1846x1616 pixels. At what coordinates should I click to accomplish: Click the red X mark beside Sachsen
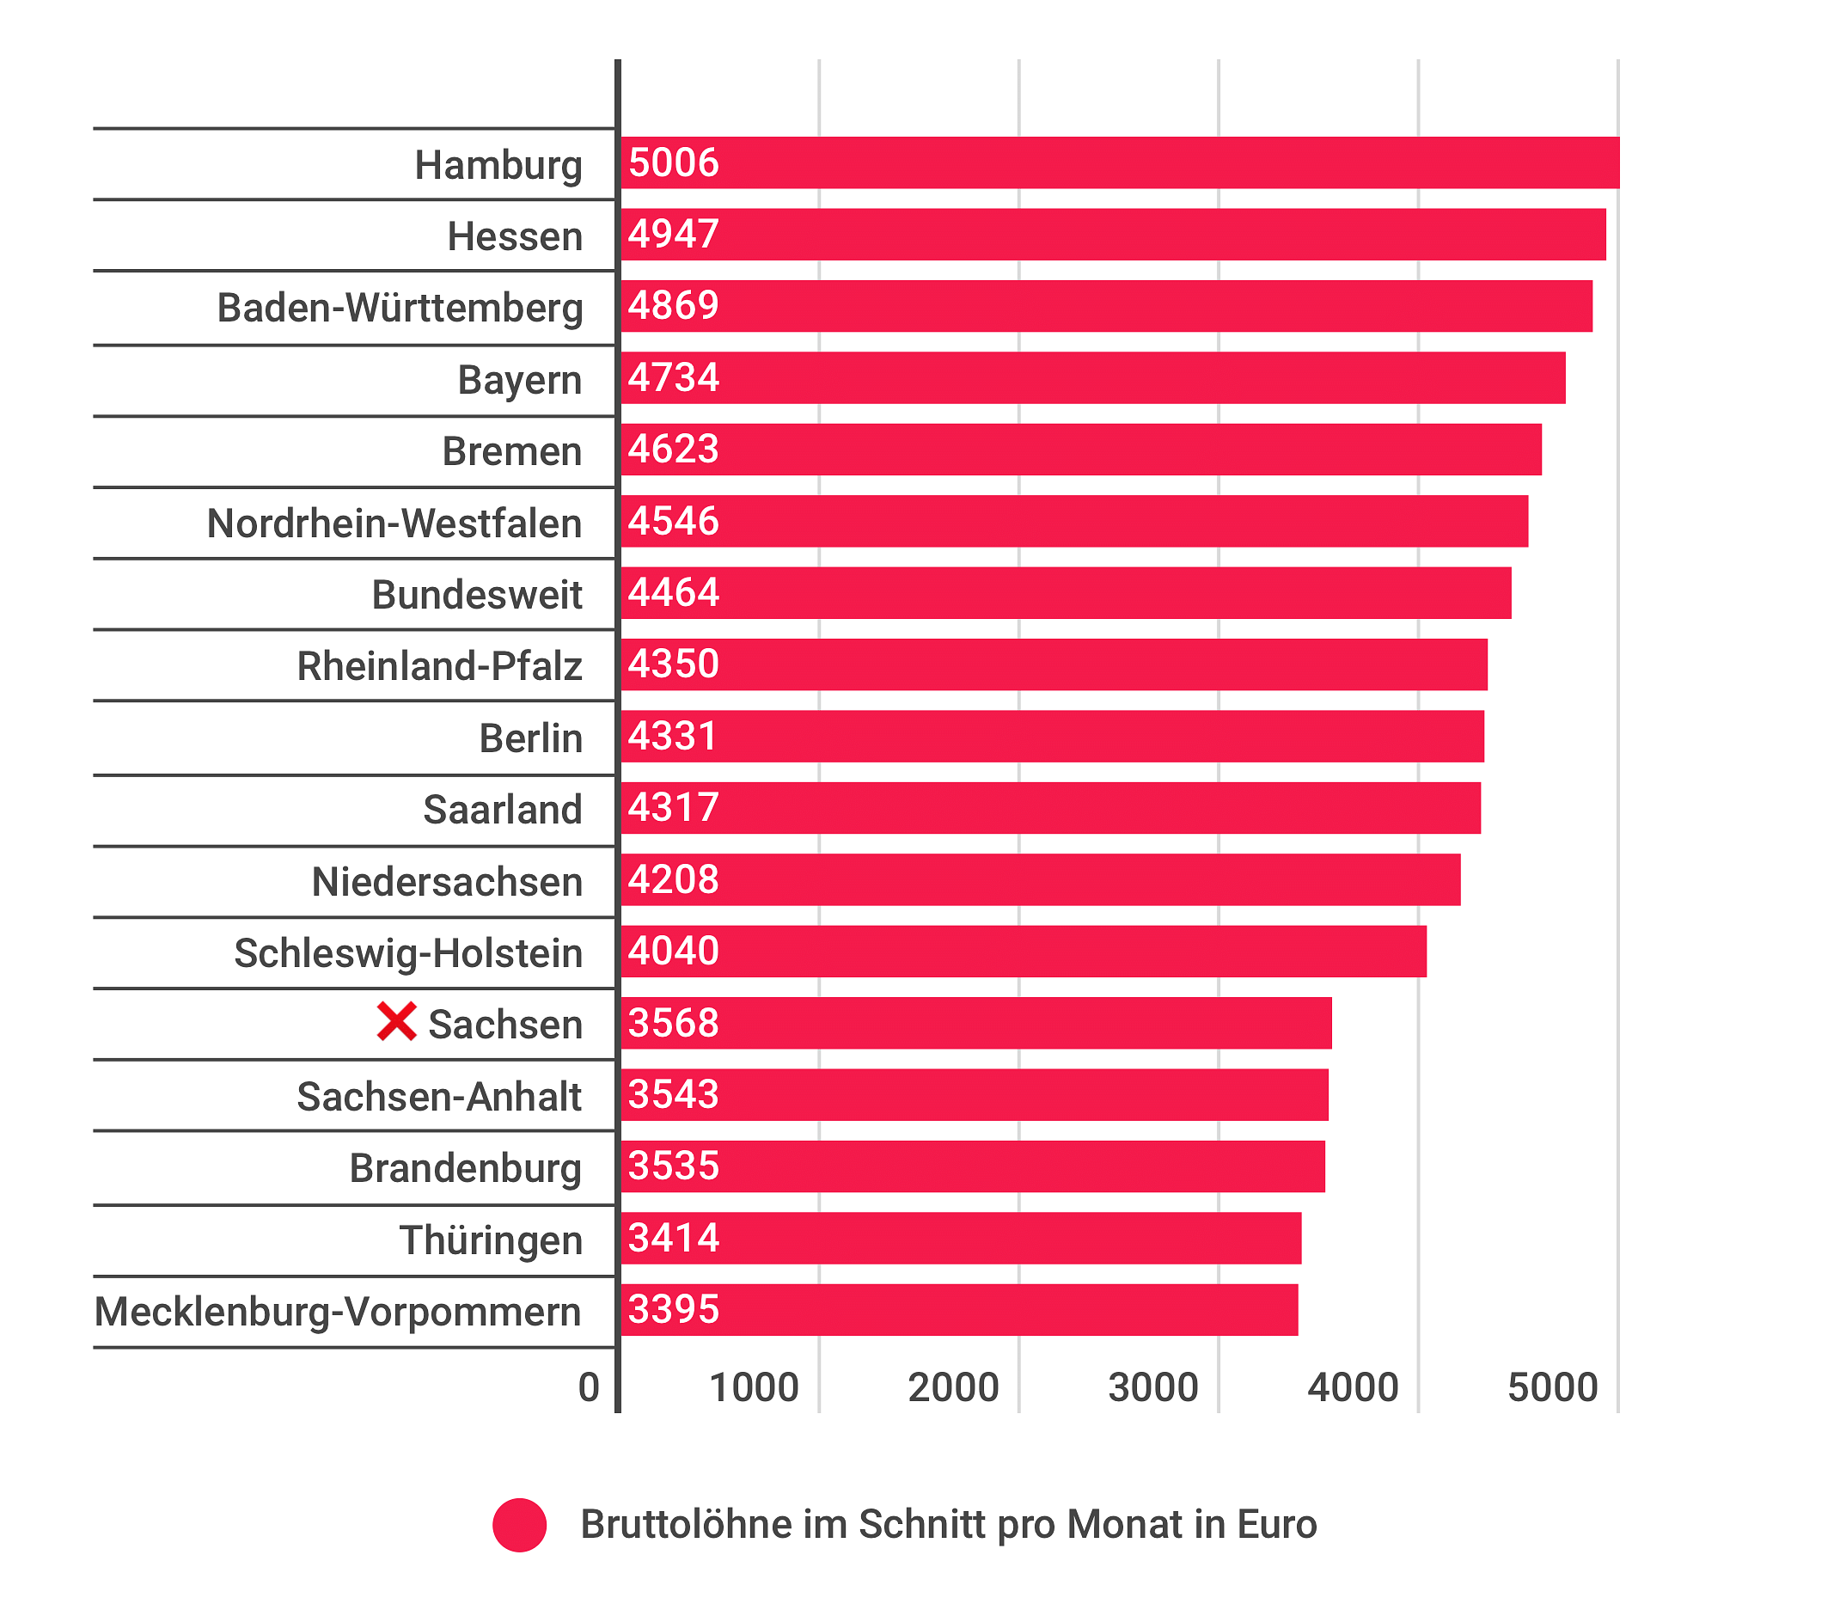[395, 1022]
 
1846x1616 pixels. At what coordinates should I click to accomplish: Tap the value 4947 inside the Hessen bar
[673, 235]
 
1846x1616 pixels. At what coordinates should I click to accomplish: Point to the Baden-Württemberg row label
[400, 308]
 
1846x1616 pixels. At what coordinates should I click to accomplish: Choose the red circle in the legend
[519, 1525]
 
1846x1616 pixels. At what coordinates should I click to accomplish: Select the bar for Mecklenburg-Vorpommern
[959, 1309]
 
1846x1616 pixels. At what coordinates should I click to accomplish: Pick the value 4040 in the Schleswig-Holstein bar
[673, 951]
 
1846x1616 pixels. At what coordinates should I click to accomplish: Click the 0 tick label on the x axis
[589, 1387]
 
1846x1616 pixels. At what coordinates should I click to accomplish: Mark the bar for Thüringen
[961, 1238]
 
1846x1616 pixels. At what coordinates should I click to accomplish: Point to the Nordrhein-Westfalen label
[394, 523]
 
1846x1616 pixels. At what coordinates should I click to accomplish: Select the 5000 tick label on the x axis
[1552, 1387]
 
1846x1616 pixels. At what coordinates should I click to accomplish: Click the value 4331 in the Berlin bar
[673, 736]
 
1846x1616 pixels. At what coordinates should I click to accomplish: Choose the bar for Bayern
[1092, 378]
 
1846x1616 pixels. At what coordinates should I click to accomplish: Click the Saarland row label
[502, 809]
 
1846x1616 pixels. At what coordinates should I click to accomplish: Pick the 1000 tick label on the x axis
[754, 1387]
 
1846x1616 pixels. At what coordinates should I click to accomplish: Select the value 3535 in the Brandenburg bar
[673, 1166]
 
